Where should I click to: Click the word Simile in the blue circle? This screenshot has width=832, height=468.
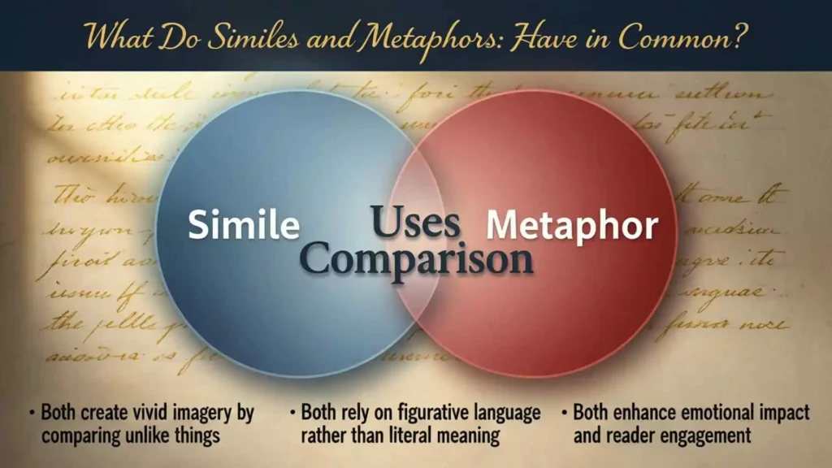click(x=243, y=225)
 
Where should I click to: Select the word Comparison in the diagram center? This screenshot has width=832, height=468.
click(x=417, y=259)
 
